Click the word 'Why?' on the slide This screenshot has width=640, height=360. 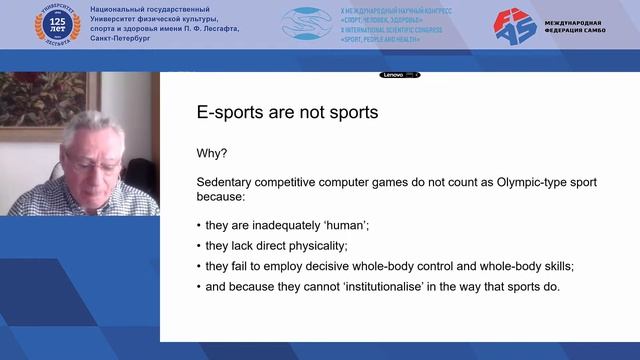pos(211,152)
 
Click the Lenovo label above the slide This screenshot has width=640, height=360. pos(394,75)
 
